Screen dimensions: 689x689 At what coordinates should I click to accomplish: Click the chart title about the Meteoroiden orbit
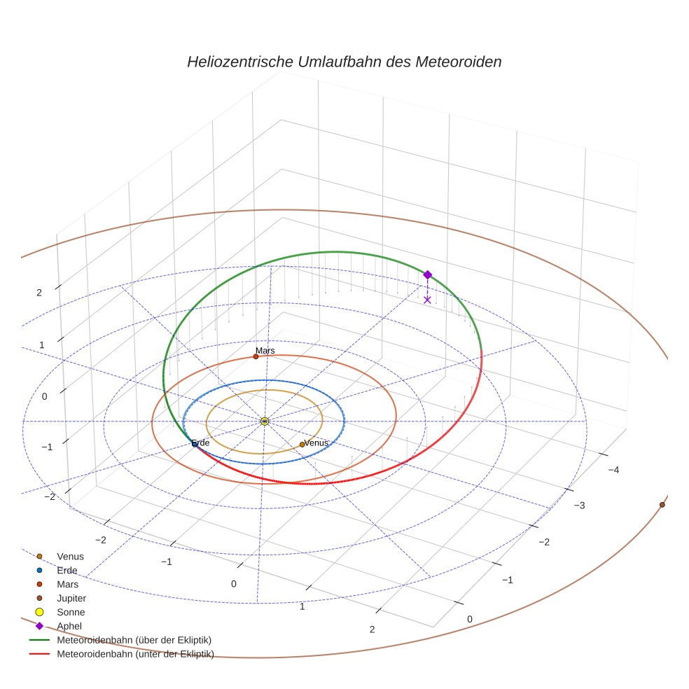(x=344, y=62)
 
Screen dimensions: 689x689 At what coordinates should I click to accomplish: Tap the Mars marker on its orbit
(x=256, y=356)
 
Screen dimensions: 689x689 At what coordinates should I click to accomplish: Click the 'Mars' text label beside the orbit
(x=265, y=350)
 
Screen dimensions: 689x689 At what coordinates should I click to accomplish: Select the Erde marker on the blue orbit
(x=195, y=444)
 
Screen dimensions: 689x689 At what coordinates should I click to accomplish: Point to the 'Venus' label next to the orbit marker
(x=316, y=443)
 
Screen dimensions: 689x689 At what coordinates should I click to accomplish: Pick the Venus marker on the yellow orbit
(x=302, y=445)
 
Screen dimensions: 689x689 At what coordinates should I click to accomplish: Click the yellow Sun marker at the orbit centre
(x=265, y=421)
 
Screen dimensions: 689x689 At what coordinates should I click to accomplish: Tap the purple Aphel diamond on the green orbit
(x=428, y=274)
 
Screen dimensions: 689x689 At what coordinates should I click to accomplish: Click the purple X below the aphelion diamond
(x=427, y=300)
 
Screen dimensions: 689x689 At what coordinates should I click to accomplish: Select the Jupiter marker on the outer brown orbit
(x=662, y=504)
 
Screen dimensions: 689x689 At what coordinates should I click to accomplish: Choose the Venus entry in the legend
(x=70, y=557)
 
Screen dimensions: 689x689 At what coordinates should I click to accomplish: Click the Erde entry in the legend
(x=67, y=571)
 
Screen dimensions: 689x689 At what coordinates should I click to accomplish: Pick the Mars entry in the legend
(x=67, y=584)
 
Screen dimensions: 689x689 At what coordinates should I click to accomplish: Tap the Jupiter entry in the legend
(x=71, y=598)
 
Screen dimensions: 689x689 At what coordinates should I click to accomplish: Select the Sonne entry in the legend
(x=71, y=612)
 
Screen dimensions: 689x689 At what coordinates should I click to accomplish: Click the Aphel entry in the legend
(x=69, y=626)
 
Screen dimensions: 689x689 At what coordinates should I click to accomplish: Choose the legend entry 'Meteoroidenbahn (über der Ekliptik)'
(x=134, y=640)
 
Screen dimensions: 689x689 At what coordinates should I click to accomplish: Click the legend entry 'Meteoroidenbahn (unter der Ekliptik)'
(x=135, y=654)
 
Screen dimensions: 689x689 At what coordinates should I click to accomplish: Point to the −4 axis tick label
(x=613, y=470)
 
